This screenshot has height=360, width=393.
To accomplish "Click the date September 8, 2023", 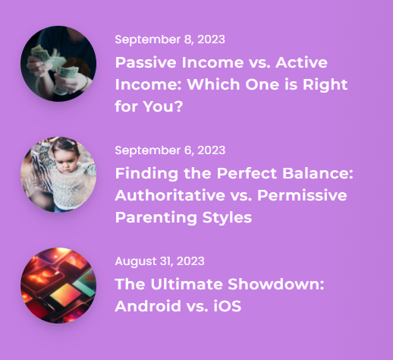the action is coord(170,39).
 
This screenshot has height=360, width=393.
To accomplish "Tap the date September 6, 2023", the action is coord(170,150).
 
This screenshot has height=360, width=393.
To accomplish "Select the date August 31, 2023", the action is coord(159,261).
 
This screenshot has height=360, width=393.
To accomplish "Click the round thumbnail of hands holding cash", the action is coord(58,64).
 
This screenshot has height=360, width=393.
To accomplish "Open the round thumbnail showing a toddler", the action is coord(58,175).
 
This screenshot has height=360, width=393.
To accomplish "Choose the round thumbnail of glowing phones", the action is coord(58,286).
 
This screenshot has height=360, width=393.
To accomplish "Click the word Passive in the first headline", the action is coord(146,62).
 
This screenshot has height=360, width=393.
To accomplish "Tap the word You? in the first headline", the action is coord(163,106).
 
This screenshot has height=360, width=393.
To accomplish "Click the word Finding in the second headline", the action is coord(146,174).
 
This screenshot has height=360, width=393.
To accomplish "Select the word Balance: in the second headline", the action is coord(318,173).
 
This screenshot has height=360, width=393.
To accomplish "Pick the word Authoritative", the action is coord(170,195).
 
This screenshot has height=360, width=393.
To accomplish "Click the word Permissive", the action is coord(302,195).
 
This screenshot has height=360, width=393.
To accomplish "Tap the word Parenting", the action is coord(156,218).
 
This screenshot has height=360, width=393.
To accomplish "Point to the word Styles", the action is coord(227,218).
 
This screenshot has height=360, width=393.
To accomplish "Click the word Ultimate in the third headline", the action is coord(187,284).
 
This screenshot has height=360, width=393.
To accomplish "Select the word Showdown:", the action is coord(276,284).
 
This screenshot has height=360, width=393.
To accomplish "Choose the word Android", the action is coord(148,306).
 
